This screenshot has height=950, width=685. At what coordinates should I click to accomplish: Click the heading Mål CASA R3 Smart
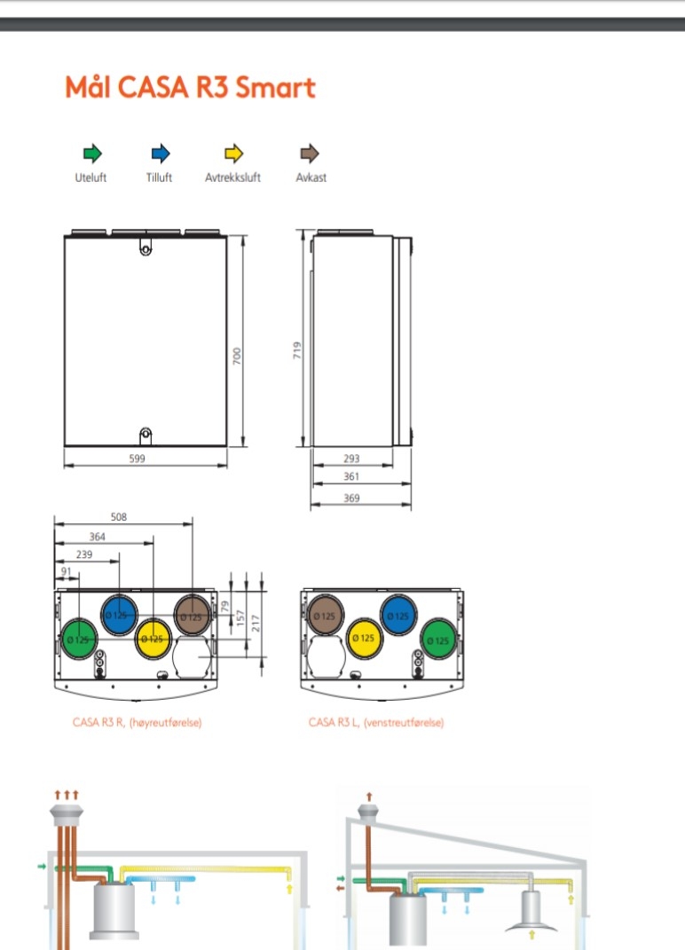click(190, 88)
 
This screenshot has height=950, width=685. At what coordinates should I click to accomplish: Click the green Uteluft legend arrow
click(91, 153)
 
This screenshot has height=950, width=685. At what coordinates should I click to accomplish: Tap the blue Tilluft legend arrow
click(160, 153)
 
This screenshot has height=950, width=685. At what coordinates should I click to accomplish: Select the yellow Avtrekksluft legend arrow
click(232, 153)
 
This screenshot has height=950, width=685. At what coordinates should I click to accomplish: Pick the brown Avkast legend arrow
click(311, 153)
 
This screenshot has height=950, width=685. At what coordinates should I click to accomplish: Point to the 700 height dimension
click(237, 356)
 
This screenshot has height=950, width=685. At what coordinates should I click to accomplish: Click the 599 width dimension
click(138, 459)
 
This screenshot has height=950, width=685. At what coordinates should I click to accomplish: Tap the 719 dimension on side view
click(298, 350)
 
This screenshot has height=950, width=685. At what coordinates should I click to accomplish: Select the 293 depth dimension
click(351, 459)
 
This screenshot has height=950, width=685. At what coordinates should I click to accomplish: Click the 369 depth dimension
click(351, 499)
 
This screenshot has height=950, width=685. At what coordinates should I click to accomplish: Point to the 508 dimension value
click(118, 516)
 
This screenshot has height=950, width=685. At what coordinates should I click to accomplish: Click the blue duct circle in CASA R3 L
click(399, 615)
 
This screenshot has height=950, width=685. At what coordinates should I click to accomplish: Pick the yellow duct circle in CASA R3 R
click(154, 638)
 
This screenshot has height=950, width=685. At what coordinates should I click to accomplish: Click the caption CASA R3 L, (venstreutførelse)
click(376, 723)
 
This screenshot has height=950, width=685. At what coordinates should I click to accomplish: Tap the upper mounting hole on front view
click(146, 249)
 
